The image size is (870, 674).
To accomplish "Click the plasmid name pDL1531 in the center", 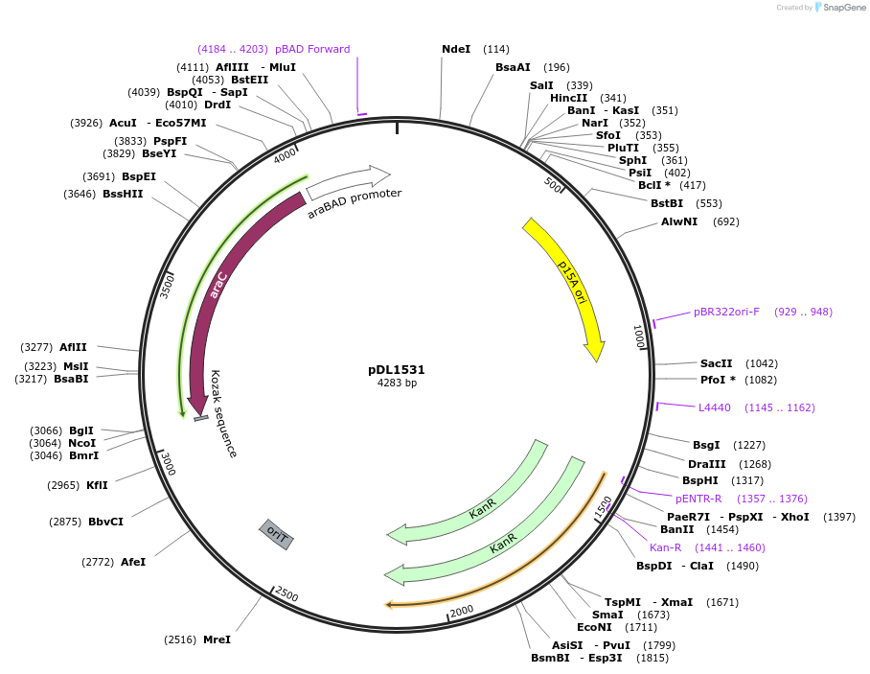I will tap(397, 369).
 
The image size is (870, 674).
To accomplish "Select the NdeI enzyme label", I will tap(456, 49).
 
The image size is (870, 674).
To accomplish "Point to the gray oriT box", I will tap(276, 534).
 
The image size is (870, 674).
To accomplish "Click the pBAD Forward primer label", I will tap(312, 49).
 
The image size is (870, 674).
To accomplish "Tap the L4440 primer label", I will tap(715, 407).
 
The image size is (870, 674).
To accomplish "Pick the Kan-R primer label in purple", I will tap(666, 547).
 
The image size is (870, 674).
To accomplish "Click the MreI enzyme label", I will tap(217, 639).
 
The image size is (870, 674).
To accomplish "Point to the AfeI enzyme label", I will tap(133, 562).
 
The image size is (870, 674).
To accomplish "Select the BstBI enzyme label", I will tap(667, 203).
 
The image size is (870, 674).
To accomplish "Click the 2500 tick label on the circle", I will tap(286, 594).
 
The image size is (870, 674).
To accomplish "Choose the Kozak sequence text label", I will tap(222, 413).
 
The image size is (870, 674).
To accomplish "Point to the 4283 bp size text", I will tap(397, 383).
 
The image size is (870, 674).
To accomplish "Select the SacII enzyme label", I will tap(716, 363).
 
